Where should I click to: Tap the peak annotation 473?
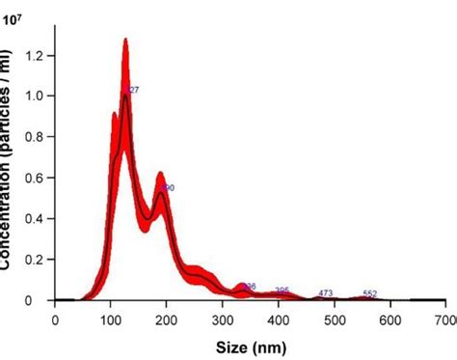coord(326,292)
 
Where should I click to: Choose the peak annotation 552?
coord(369,292)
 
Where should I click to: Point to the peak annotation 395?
coord(282,291)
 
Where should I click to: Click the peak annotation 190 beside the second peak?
coord(168,187)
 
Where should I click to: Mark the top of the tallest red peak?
coord(125,40)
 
